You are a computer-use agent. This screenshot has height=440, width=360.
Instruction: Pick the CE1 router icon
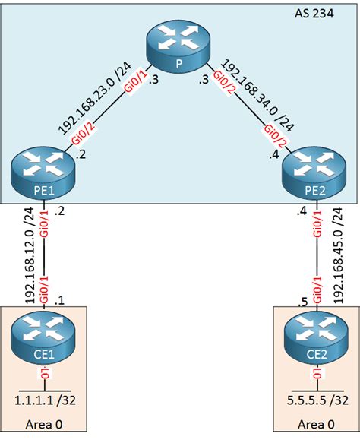coord(43,335)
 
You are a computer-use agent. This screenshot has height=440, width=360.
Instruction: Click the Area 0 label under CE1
coord(44,424)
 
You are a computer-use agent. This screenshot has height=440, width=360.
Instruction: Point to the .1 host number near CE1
coord(60,299)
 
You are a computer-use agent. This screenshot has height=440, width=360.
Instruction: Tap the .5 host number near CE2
coord(302,302)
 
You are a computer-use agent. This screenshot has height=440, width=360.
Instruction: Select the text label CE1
coord(43,356)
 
